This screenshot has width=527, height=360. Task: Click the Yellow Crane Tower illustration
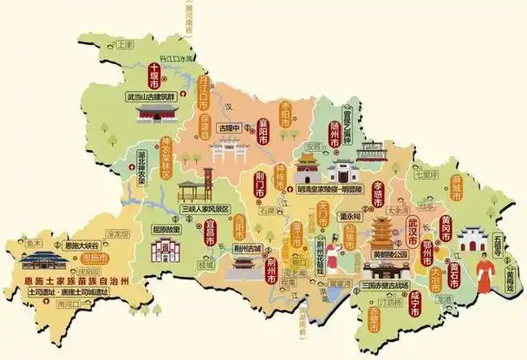click(x=382, y=231)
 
